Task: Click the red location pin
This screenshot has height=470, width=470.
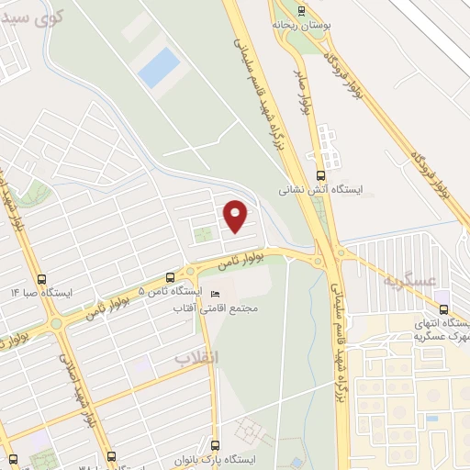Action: point(236,215)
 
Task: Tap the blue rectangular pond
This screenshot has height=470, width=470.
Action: point(160,67)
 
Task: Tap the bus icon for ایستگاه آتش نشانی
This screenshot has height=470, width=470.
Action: point(320,175)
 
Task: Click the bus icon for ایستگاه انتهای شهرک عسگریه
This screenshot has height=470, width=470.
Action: point(444,308)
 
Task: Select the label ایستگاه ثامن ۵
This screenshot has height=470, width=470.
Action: point(169,291)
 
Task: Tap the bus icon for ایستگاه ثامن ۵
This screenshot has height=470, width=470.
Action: point(169,276)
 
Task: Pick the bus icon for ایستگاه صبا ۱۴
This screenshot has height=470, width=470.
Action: point(40,278)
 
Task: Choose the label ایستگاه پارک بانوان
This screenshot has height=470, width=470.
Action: point(215,459)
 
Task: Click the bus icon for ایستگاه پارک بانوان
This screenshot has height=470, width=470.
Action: point(216,444)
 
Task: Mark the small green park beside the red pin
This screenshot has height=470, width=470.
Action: point(201,237)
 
